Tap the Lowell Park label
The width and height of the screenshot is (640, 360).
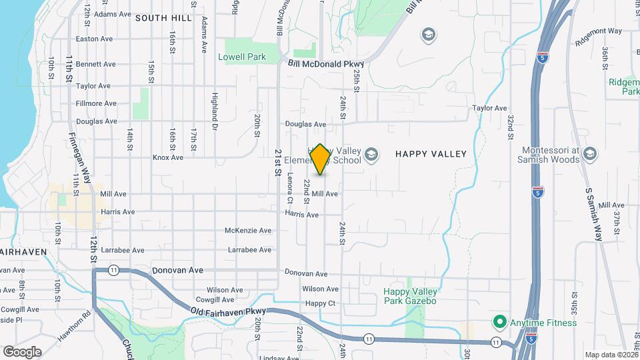click(242, 57)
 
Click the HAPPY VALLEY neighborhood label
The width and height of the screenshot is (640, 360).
click(431, 154)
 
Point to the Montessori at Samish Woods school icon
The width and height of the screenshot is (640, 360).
click(589, 155)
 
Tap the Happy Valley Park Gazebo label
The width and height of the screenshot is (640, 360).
click(410, 297)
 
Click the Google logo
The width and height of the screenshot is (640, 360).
click(21, 351)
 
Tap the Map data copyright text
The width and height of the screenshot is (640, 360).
click(611, 355)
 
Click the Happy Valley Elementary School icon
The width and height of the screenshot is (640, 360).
click(371, 156)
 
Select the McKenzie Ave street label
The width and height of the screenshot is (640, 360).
click(248, 231)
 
